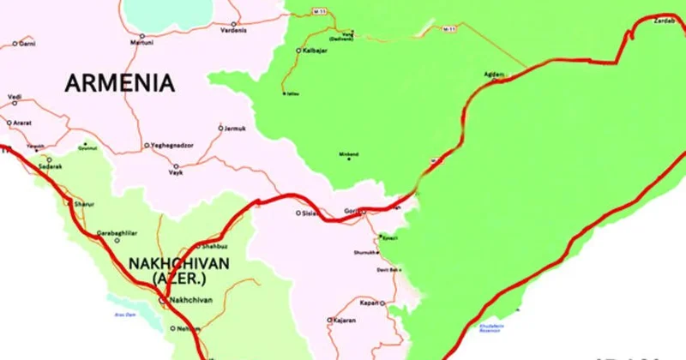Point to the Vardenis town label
click(234, 30)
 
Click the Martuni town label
click(141, 42)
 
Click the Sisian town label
click(310, 213)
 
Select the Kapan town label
click(370, 303)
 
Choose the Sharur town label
click(82, 205)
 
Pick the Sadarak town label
click(51, 166)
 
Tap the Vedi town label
click(15, 97)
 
